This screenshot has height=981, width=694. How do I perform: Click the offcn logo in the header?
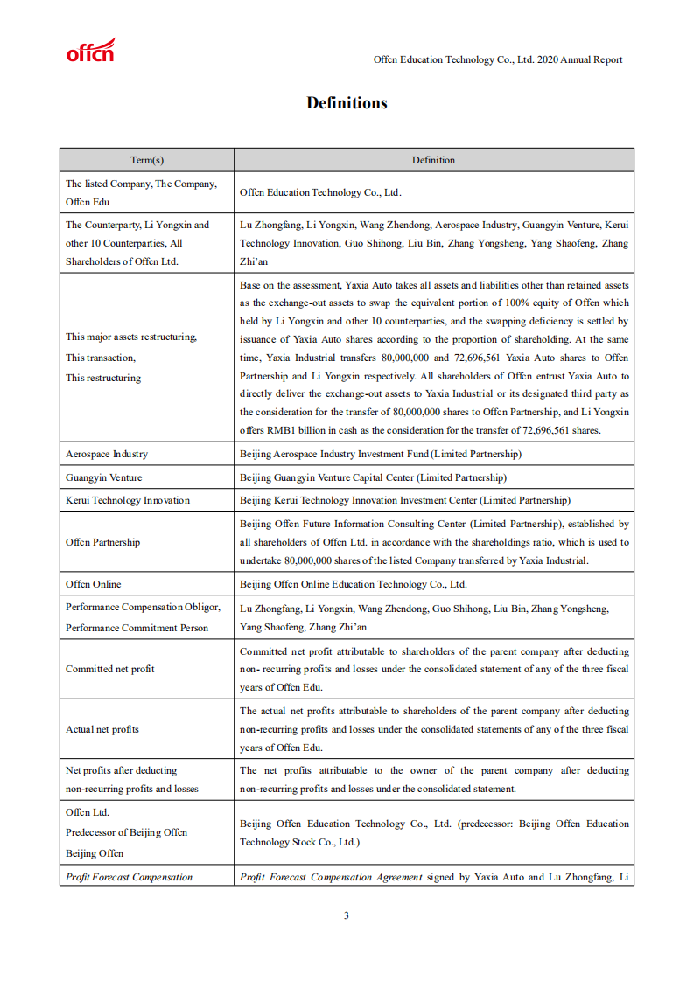coord(90,52)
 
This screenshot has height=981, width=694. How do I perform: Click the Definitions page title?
coord(347,103)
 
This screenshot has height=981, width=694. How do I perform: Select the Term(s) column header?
coord(147,160)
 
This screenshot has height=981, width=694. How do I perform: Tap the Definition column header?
coord(433,160)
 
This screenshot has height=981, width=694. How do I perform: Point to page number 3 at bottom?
coord(347,915)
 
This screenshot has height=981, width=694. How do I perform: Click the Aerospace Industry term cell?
coord(107,454)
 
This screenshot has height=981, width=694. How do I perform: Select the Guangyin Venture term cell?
coord(103,477)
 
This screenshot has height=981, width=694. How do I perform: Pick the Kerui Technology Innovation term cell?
coord(127,500)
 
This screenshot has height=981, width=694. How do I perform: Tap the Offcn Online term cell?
coord(94,584)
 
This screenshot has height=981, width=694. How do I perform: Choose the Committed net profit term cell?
coord(110,669)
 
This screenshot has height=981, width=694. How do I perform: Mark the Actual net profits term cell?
coord(102,729)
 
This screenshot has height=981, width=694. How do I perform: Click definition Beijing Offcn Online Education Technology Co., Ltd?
coord(353,584)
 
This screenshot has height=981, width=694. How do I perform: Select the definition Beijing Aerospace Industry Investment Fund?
coord(380,454)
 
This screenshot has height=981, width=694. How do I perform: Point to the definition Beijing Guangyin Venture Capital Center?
coord(373,477)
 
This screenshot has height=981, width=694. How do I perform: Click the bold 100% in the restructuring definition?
coord(511,303)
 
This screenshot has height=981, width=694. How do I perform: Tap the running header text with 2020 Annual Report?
coord(498,59)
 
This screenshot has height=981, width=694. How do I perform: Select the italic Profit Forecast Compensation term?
coord(129,877)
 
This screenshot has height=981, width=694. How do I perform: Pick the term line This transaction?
coord(101,358)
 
